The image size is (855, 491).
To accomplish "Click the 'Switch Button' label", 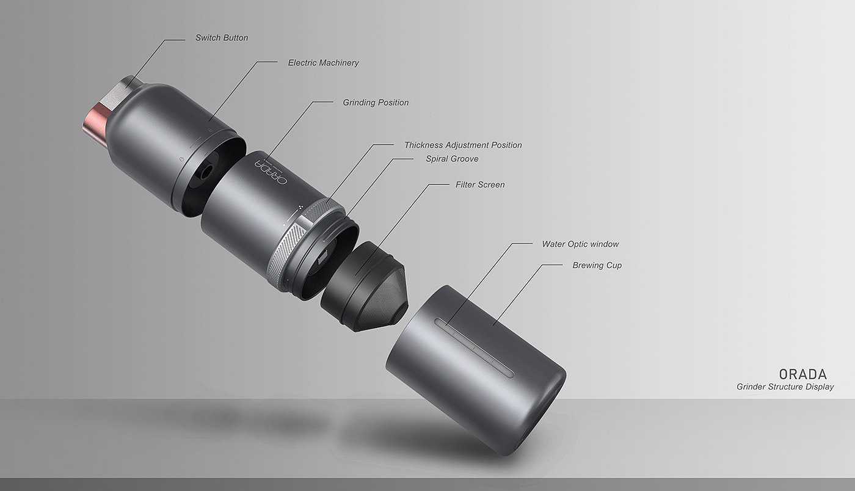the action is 222,38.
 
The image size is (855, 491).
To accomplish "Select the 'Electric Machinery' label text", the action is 323,63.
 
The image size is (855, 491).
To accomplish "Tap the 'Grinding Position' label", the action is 376,103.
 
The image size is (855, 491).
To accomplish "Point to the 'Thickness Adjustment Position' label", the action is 463,145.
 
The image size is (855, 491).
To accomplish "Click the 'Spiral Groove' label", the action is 452,159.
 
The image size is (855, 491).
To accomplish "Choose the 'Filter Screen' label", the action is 480,185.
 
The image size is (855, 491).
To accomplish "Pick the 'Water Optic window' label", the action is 580,244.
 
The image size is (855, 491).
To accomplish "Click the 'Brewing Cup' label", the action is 597,266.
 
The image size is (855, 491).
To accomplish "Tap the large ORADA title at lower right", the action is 802,374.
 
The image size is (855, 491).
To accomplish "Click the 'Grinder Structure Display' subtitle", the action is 785,387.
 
